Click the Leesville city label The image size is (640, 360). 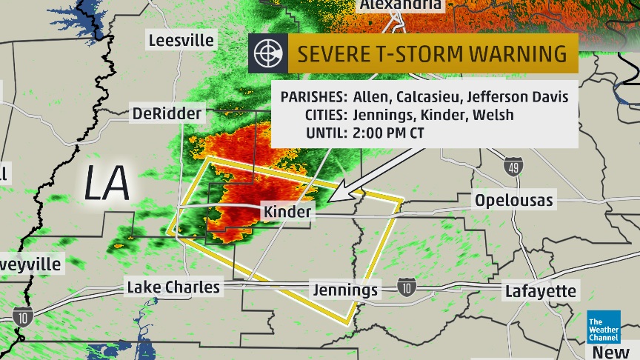point(181,40)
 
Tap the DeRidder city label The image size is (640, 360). point(167,113)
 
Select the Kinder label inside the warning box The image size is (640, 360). point(287,212)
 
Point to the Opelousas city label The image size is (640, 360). point(514,201)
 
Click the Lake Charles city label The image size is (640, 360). point(173,287)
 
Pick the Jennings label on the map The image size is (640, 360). point(345,290)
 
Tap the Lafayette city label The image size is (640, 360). point(540,291)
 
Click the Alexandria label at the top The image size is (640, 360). point(401,5)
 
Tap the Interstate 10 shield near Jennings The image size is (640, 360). point(405,287)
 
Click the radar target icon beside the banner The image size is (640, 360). point(267,54)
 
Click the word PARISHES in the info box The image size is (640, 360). point(314,97)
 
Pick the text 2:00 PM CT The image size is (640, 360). point(388,133)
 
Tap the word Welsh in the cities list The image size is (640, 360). point(496,115)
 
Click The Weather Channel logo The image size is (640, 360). point(604,327)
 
